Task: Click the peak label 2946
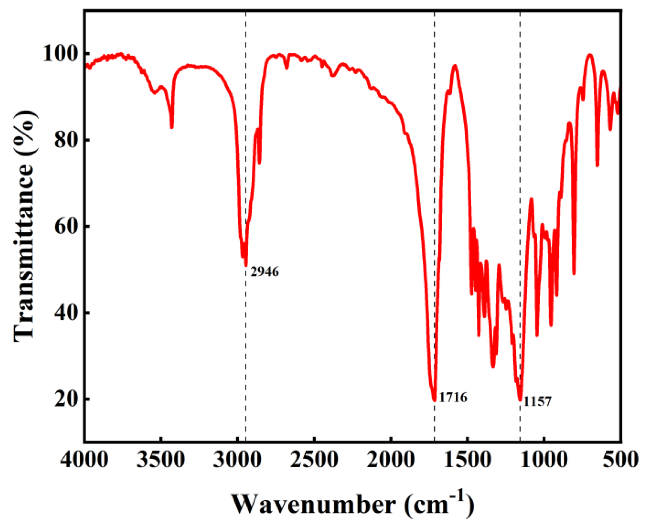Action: [265, 272]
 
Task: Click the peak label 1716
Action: [453, 398]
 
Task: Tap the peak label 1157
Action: [537, 401]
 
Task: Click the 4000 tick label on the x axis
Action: [84, 460]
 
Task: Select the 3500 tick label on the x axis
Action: [161, 460]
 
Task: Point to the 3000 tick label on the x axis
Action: [238, 460]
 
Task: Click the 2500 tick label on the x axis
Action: [314, 460]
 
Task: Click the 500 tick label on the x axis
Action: [621, 460]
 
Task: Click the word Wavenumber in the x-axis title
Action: [314, 505]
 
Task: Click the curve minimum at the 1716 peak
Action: [434, 399]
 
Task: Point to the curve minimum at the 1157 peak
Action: [520, 399]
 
